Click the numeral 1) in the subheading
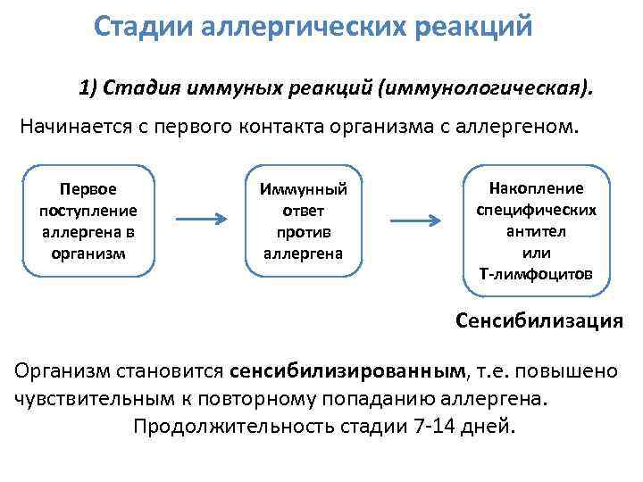coord(88,88)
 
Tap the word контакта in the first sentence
coord(289,127)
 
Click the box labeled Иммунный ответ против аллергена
coord(303,220)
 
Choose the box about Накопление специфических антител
coord(535,230)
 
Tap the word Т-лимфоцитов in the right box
coord(535,274)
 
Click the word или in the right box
coord(536,253)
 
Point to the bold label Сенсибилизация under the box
coord(539,321)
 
